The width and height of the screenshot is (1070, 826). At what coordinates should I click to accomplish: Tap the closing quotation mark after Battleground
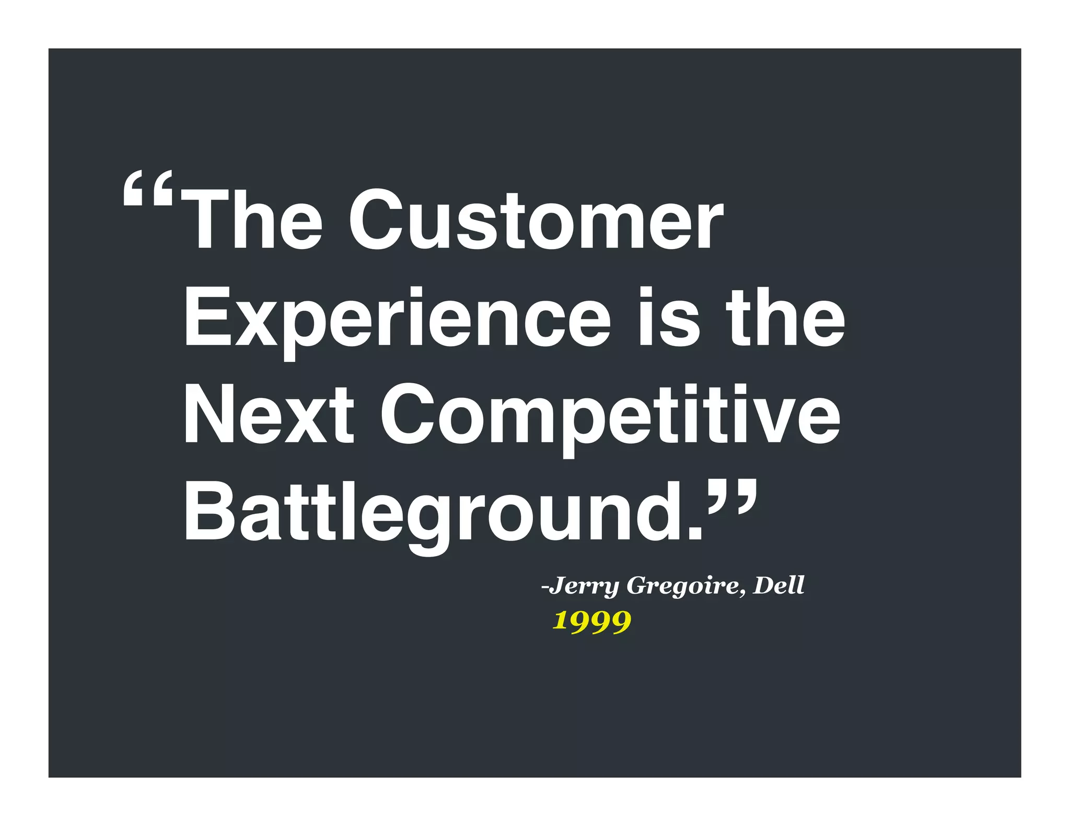pos(731,499)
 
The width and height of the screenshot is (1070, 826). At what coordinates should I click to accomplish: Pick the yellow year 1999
pos(592,621)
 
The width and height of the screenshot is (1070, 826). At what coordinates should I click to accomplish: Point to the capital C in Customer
pos(374,219)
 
